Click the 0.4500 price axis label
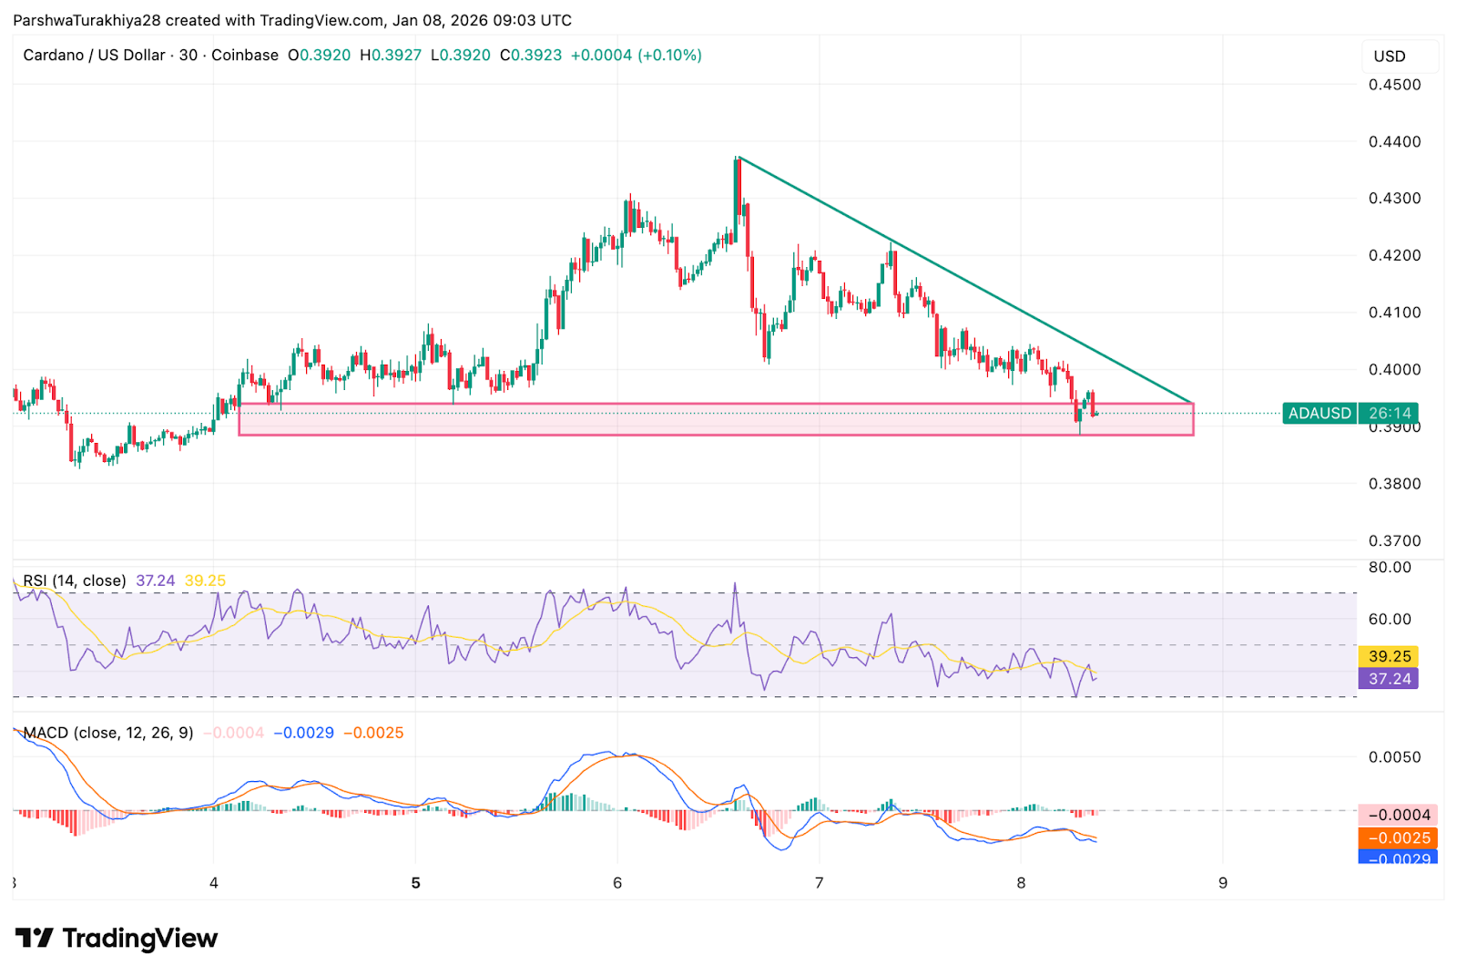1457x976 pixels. tap(1394, 85)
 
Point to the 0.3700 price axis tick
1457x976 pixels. tap(1394, 540)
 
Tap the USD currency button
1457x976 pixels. tap(1390, 57)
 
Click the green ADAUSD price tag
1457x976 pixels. tap(1319, 413)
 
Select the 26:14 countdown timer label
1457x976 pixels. tap(1390, 413)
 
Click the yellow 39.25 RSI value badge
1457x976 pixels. tap(1390, 656)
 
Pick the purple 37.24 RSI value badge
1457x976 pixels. tap(1390, 679)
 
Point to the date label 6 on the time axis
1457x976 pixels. tap(617, 882)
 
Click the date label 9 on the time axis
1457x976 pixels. tap(1223, 882)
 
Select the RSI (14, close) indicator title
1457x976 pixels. tap(75, 580)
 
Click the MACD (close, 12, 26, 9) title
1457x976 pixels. tap(108, 733)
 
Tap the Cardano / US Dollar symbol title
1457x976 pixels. tap(94, 55)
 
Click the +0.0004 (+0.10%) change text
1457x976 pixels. tap(636, 55)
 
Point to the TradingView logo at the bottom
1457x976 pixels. tap(117, 938)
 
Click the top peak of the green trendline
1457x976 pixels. tap(739, 158)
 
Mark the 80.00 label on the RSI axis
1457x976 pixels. tap(1390, 567)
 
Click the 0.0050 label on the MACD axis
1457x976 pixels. tap(1394, 757)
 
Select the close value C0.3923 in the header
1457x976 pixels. tap(531, 55)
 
